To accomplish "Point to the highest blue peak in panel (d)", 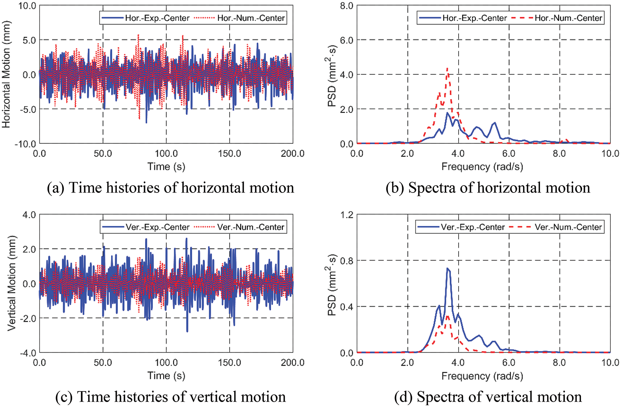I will tap(448, 269).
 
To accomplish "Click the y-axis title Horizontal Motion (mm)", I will tap(6, 74).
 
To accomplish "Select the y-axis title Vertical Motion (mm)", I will tap(12, 283).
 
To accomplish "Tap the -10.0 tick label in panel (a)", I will tap(25, 144).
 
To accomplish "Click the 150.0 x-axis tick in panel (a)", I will tap(230, 154).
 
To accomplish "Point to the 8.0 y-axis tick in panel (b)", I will tap(347, 6).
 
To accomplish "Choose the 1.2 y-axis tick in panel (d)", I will tap(347, 215).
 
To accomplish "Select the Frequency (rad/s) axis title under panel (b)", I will tap(482, 167).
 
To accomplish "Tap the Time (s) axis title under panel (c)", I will tap(166, 376).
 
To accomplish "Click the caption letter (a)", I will tap(56, 188).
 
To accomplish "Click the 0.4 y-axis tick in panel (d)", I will tap(347, 307).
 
